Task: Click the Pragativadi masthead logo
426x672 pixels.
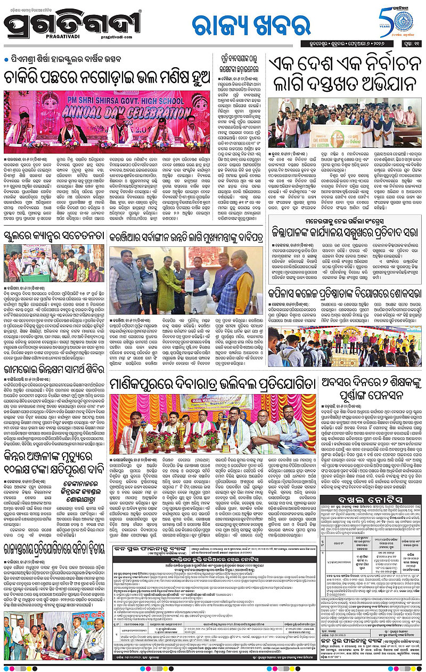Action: click(x=72, y=25)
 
